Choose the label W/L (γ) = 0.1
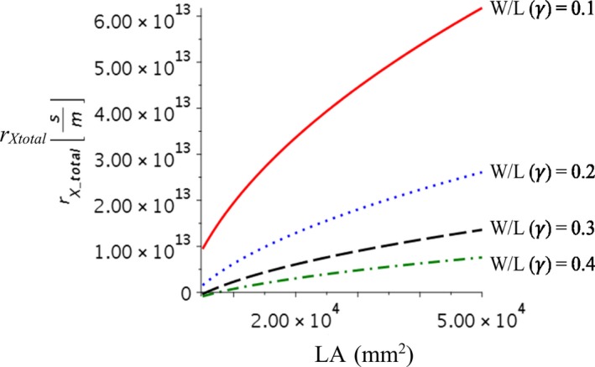(x=542, y=34)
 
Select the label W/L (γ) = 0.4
(x=542, y=264)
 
